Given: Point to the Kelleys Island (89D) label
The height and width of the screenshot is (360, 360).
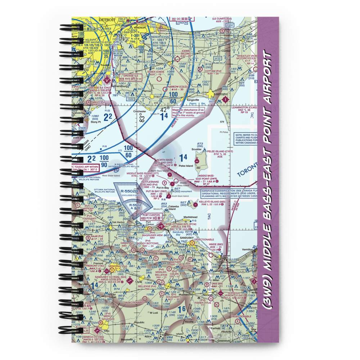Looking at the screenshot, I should point(212,202).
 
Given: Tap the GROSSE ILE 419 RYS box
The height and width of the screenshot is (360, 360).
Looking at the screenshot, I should point(130,77).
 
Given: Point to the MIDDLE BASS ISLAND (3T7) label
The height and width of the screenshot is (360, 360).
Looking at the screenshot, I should point(143,173).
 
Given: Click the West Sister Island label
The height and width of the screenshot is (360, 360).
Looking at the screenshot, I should point(109,176).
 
